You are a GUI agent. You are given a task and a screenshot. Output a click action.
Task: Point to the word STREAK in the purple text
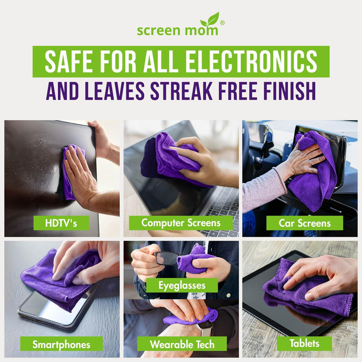coord(181,91)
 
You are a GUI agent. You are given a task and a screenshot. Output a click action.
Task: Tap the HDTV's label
coord(61,223)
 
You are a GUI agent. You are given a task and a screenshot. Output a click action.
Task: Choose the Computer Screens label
coord(181,223)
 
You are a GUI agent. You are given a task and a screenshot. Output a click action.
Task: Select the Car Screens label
coord(304,223)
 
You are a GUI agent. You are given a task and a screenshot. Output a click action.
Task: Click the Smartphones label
coord(61,344)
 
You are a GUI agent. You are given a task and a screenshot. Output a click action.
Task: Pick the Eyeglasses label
coord(182,285)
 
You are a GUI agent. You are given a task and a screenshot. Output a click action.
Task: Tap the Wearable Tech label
coord(182,344)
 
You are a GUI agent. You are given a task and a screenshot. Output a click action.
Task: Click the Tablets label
coord(304,343)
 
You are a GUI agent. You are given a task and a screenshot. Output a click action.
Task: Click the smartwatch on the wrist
coord(205,328)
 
